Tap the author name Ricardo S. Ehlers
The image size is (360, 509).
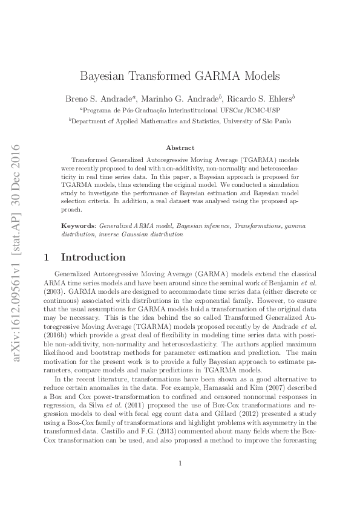pyautogui.click(x=262, y=99)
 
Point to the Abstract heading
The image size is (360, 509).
pyautogui.click(x=180, y=148)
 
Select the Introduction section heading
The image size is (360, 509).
pyautogui.click(x=94, y=257)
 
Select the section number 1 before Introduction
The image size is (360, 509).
pyautogui.click(x=47, y=257)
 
